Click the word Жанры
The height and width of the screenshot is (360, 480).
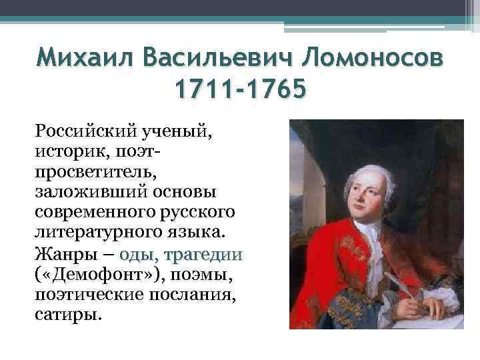[59, 255]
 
